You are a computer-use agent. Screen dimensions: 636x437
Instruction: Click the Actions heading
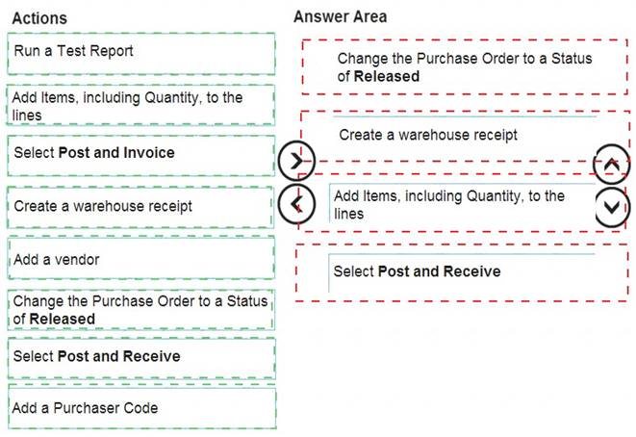[39, 18]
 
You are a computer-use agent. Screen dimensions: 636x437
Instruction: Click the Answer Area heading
[340, 17]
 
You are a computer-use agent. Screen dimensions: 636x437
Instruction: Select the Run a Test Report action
[141, 54]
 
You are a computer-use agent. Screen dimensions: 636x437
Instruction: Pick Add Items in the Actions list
[140, 106]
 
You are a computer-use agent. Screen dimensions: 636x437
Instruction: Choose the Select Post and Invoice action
[141, 156]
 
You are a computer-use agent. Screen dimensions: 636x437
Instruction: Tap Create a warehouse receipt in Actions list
[140, 207]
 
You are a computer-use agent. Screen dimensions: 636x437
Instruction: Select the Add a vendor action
[141, 258]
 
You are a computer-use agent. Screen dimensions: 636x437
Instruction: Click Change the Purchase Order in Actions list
[140, 310]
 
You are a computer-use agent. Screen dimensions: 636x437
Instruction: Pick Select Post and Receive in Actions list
[141, 358]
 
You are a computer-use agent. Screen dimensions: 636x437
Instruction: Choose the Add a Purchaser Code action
[142, 407]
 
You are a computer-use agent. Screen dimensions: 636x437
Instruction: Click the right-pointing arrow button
[296, 161]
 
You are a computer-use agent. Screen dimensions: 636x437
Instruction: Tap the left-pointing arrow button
[296, 204]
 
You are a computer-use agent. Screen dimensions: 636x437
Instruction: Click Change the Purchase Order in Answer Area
[465, 67]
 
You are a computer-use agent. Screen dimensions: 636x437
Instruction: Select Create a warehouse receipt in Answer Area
[466, 136]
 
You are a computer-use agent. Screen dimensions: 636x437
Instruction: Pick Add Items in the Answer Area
[463, 203]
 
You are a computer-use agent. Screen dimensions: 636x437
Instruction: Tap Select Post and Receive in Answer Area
[463, 272]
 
